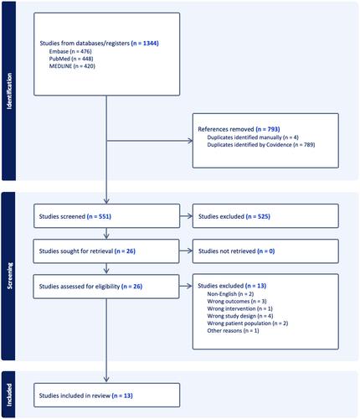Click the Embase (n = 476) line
click(x=70, y=51)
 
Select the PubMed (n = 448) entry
click(x=71, y=59)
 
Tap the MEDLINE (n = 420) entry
click(x=72, y=66)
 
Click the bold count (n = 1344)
click(x=145, y=44)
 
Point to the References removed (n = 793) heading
click(x=239, y=129)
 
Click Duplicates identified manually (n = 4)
click(x=253, y=137)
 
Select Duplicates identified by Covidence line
click(x=261, y=145)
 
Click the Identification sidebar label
click(x=9, y=91)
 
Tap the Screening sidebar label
click(x=10, y=276)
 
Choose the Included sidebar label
click(x=9, y=395)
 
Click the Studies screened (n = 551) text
click(x=75, y=216)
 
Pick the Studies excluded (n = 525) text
click(x=234, y=216)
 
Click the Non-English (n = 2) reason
click(x=230, y=294)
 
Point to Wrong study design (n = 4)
click(x=240, y=316)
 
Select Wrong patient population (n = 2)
click(x=248, y=323)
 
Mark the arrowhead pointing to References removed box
click(x=190, y=141)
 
